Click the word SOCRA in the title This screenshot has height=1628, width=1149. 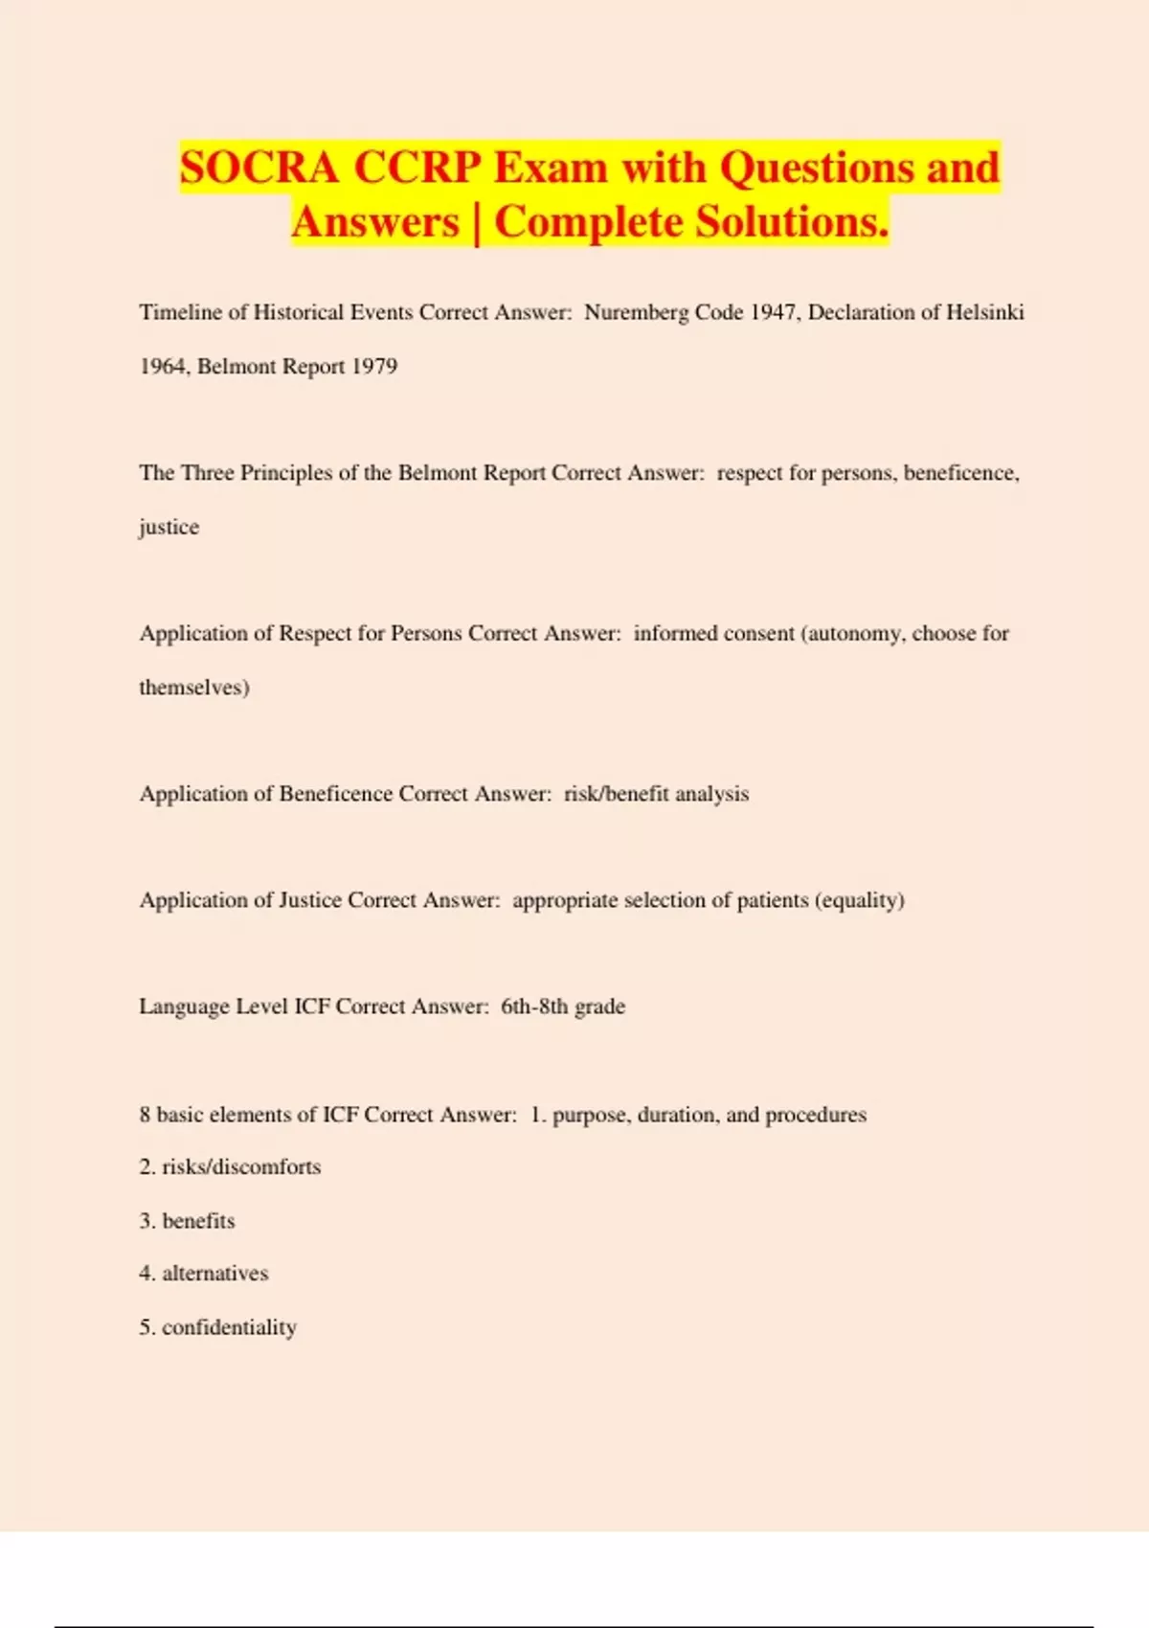click(259, 168)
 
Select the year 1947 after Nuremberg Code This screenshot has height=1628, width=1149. click(775, 312)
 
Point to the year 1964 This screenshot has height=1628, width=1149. click(162, 366)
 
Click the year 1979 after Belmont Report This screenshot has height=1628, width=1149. click(374, 366)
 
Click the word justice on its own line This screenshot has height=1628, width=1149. click(169, 527)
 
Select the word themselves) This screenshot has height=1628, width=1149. click(194, 688)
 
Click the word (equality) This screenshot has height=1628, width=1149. click(860, 900)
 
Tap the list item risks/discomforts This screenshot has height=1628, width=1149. click(241, 1167)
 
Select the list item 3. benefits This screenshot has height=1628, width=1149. click(187, 1221)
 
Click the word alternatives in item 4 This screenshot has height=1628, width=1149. click(215, 1274)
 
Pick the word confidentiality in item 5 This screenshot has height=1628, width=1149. click(230, 1327)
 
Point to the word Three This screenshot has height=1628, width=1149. click(207, 473)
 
